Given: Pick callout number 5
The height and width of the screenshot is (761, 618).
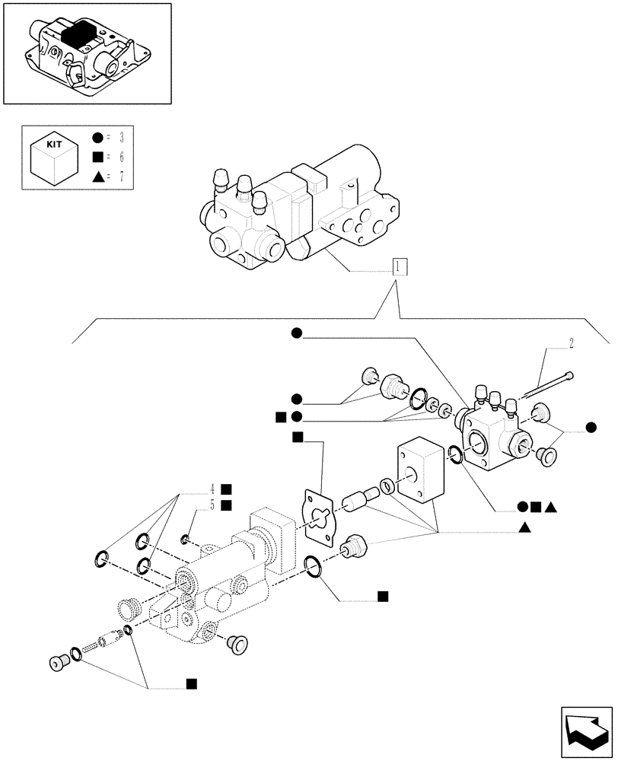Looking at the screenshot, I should pos(215,505).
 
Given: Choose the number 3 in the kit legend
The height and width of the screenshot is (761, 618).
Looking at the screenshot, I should pos(119,138).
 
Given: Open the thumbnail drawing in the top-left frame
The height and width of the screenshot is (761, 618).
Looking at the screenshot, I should pos(86,53).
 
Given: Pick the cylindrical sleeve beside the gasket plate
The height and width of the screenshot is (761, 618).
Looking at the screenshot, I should pos(357,502).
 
